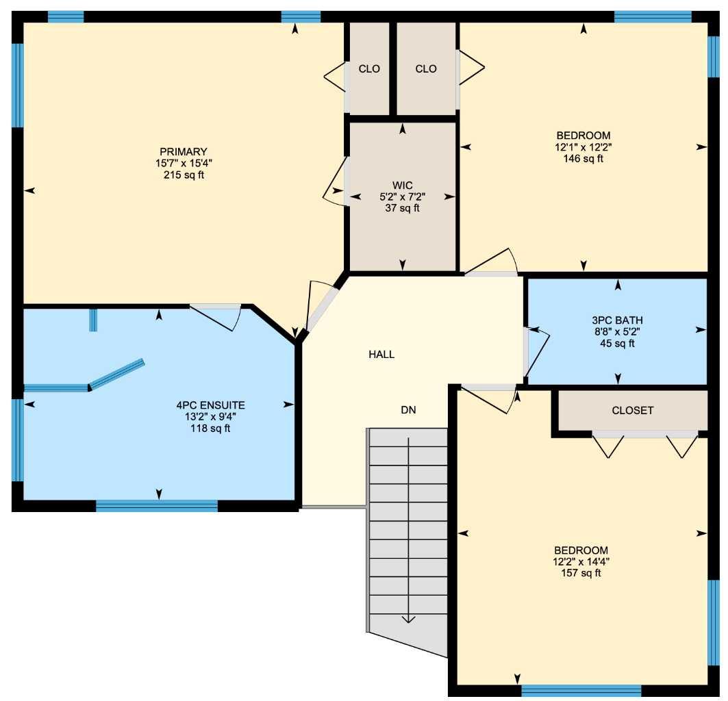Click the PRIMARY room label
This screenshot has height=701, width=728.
click(x=183, y=151)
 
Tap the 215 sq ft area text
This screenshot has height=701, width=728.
click(x=183, y=175)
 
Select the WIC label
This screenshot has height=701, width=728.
click(x=402, y=185)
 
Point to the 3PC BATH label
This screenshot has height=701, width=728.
click(x=617, y=320)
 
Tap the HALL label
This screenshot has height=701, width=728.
click(x=381, y=355)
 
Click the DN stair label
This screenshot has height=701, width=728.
click(x=409, y=410)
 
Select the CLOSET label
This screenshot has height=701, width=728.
click(x=632, y=411)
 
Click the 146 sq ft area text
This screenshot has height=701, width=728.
click(x=583, y=159)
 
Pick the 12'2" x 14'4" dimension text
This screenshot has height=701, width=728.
click(x=581, y=562)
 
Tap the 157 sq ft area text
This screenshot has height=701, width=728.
click(x=581, y=574)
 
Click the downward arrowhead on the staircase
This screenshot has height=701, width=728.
click(x=409, y=619)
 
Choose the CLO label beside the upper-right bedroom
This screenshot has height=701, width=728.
click(x=426, y=68)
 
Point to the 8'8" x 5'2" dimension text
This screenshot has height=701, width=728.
click(x=617, y=331)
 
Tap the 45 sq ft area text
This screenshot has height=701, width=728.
click(x=617, y=343)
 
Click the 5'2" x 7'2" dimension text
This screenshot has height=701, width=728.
click(x=402, y=196)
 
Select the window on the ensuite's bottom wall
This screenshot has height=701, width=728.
click(x=157, y=506)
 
